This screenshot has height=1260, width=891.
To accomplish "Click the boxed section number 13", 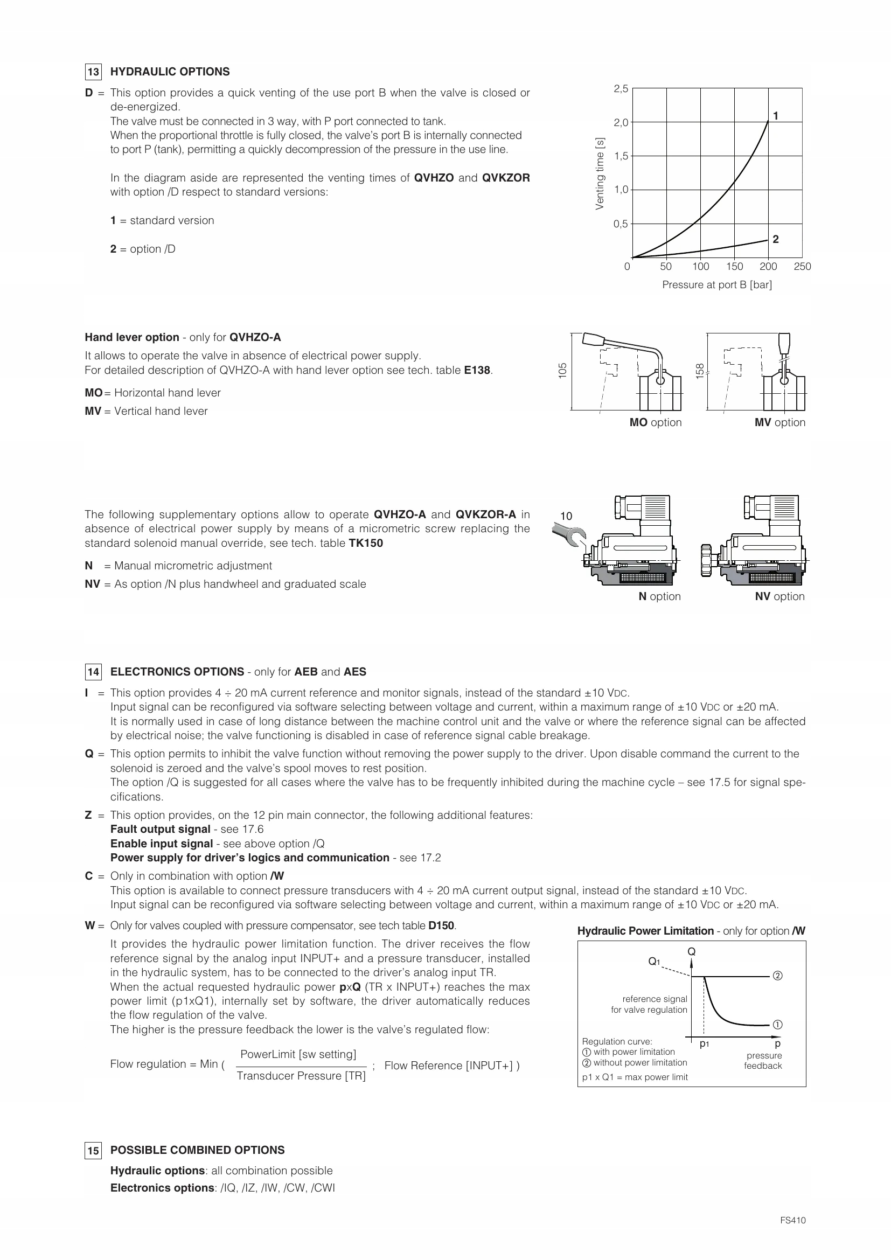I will tap(93, 72).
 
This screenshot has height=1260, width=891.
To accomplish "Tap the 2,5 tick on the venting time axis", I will tap(621, 88).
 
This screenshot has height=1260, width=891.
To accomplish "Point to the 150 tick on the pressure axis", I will tap(735, 267).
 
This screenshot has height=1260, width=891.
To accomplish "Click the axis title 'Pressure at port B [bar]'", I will tap(716, 285).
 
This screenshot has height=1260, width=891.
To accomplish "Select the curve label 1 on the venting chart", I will tap(776, 116).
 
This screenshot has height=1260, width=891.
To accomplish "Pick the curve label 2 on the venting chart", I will tap(776, 239).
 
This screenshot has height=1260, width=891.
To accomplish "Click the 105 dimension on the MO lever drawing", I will tap(562, 371).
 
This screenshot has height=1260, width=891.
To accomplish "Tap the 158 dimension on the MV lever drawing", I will tap(700, 371).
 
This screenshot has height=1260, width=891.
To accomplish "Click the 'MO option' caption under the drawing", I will tap(655, 422).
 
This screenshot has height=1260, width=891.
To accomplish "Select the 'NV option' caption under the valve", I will tap(779, 596).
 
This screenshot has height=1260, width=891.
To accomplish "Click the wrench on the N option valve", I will tap(568, 534).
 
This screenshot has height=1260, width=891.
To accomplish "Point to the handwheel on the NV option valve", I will tap(706, 560).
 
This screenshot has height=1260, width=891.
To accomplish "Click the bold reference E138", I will tap(477, 371).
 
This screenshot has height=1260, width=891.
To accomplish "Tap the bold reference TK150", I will tap(366, 544).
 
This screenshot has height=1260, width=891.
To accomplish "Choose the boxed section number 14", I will tap(93, 672).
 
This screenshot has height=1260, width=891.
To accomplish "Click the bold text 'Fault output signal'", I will tap(160, 829).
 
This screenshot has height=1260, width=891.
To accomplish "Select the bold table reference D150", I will tap(441, 926).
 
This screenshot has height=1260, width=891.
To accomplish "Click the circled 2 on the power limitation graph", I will tap(777, 976).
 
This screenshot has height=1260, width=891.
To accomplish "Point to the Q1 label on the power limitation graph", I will tap(655, 962).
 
